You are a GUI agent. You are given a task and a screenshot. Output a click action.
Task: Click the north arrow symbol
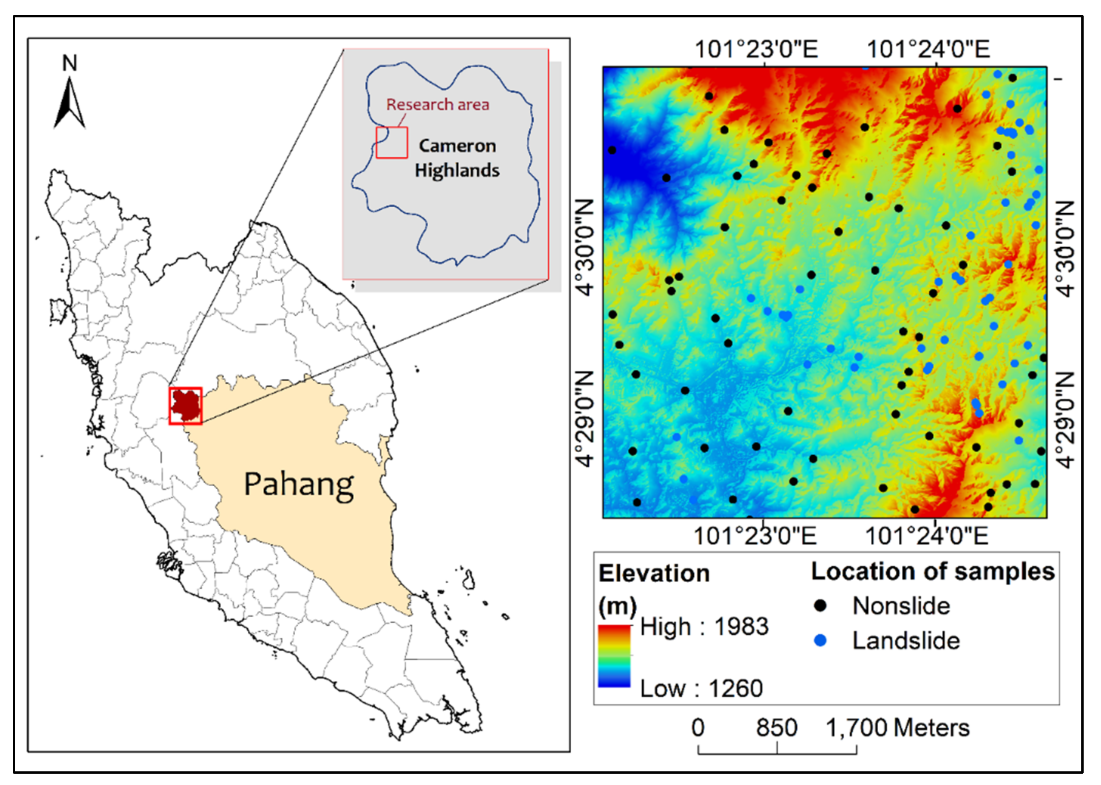click(70, 104)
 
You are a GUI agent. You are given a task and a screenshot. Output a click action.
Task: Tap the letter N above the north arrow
click(70, 63)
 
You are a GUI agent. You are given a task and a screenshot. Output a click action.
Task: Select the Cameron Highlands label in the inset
click(457, 158)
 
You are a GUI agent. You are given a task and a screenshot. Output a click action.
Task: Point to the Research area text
click(437, 104)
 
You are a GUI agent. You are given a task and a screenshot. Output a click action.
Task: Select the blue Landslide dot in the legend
click(820, 641)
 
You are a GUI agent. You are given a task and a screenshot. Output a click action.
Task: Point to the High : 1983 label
click(704, 627)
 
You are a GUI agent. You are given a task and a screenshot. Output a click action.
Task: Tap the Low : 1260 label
click(701, 688)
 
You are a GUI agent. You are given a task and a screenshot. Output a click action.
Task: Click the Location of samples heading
click(932, 571)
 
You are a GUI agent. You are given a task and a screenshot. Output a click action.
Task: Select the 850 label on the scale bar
click(777, 728)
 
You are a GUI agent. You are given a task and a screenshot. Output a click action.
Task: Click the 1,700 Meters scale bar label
click(898, 728)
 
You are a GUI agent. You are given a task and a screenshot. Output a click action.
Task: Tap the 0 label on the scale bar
click(698, 728)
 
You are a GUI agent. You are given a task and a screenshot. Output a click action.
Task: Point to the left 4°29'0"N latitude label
click(585, 420)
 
